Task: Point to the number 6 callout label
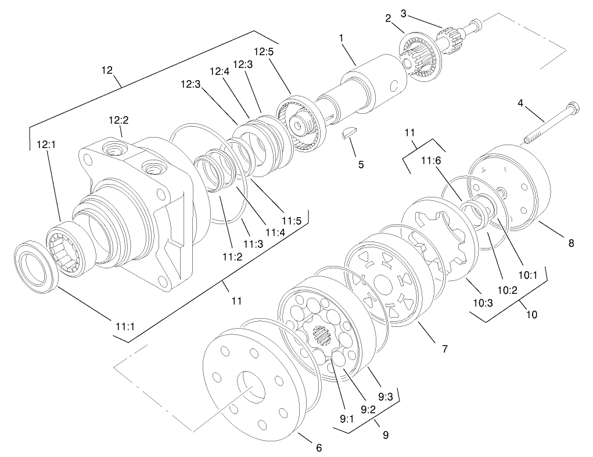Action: click(318, 447)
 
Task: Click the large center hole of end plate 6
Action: click(253, 385)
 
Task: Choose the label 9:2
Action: click(368, 409)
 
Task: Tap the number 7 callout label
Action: click(444, 348)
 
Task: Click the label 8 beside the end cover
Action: click(570, 243)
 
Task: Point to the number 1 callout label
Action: click(342, 38)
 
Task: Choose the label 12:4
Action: click(220, 72)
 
